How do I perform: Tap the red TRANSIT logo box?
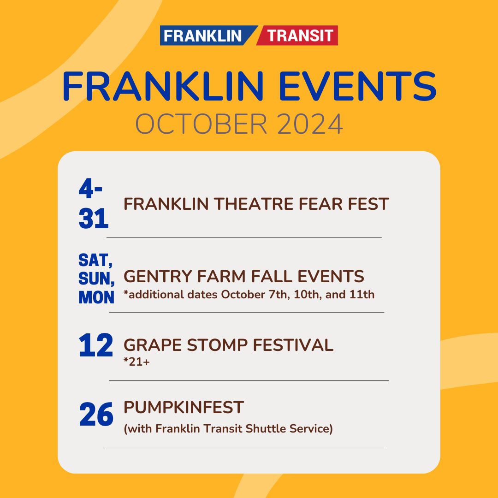point(300,36)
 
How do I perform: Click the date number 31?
point(94,219)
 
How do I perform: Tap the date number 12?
point(95,346)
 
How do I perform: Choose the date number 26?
point(96,415)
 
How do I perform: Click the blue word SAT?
point(95,261)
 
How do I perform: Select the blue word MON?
point(96,297)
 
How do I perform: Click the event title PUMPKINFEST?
point(184,407)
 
